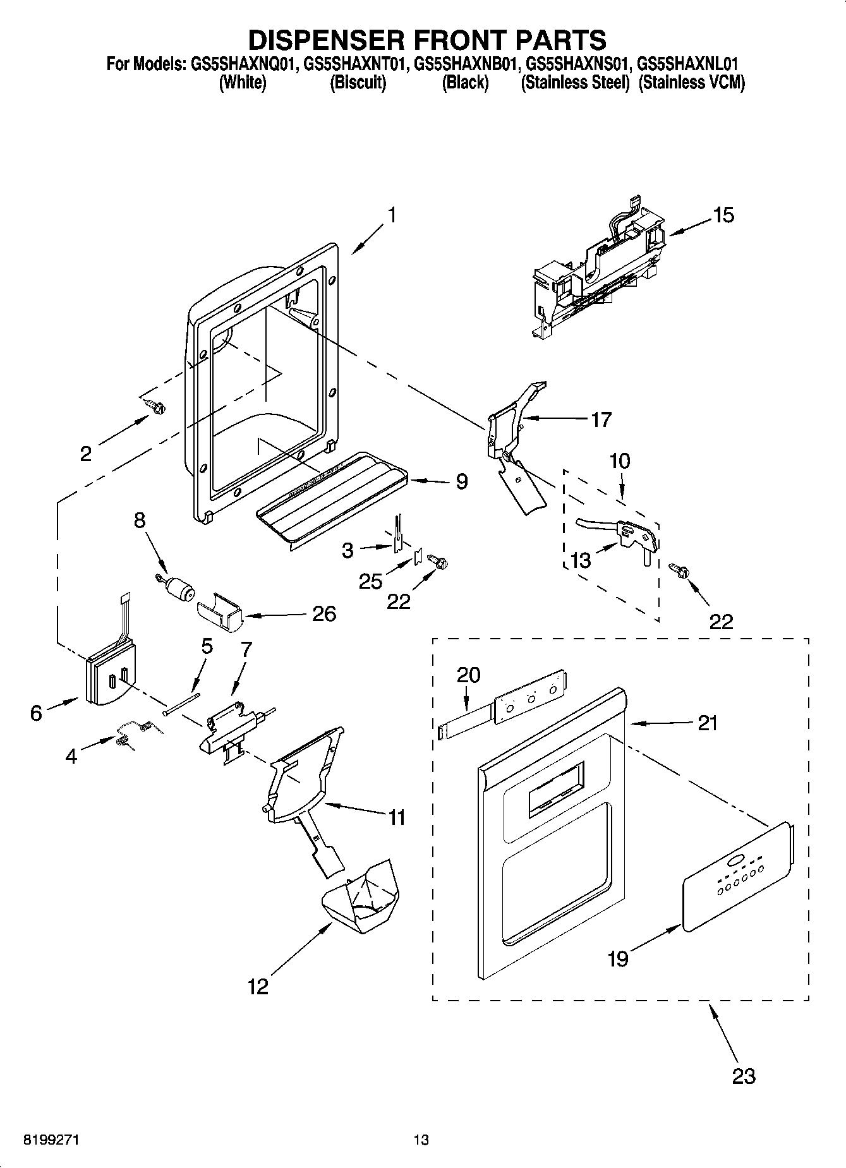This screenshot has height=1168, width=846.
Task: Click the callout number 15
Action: coord(723,215)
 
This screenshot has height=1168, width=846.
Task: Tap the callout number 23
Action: coord(743,1076)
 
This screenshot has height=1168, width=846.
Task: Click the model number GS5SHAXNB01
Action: coord(466,64)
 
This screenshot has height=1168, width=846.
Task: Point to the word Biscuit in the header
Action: coord(358,83)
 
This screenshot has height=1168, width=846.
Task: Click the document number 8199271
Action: coord(52,1140)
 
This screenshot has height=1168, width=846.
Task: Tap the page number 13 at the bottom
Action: coord(421,1140)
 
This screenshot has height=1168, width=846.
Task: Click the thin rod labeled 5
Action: coord(181,702)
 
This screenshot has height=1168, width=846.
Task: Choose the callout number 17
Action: coord(601,419)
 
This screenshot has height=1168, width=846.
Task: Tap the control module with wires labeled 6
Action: coord(109,674)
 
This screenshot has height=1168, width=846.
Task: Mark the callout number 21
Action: coord(708,723)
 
